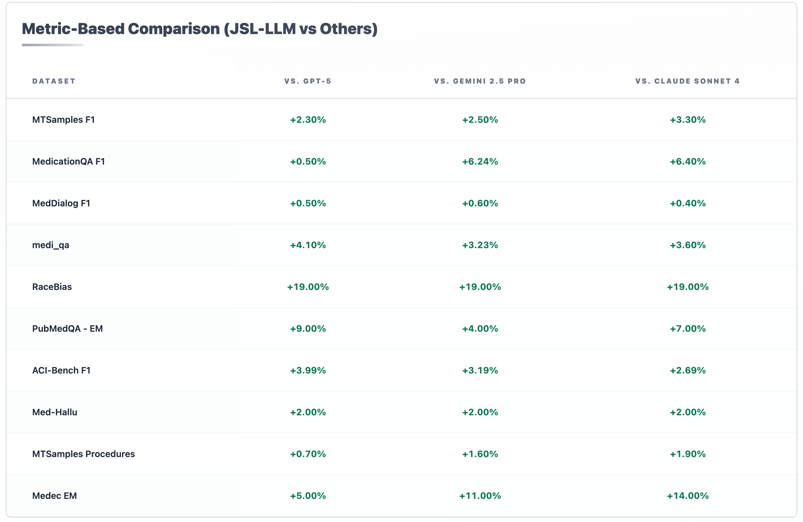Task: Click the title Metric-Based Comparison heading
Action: [x=199, y=29]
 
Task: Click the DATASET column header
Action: [x=54, y=81]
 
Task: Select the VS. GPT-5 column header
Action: [x=308, y=81]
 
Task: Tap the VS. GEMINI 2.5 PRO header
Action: [x=480, y=81]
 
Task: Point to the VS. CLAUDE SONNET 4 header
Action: [x=687, y=81]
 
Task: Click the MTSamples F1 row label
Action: [x=63, y=120]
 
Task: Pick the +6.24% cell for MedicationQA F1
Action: [x=480, y=161]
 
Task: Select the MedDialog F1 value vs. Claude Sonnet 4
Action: [x=687, y=203]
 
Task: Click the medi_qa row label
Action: [x=51, y=245]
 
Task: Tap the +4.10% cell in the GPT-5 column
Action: [x=308, y=245]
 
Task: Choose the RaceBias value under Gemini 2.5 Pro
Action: [x=480, y=287]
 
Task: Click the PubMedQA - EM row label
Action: [x=67, y=328]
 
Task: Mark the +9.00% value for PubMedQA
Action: [x=308, y=328]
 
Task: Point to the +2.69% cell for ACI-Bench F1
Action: [x=687, y=370]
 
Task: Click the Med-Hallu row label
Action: [x=55, y=412]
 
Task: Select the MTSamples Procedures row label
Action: [x=83, y=454]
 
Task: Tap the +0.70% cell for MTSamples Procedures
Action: [x=308, y=454]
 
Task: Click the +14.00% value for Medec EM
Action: [x=687, y=496]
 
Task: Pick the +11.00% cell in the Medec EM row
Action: [x=480, y=496]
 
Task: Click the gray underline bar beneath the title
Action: [x=52, y=45]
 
